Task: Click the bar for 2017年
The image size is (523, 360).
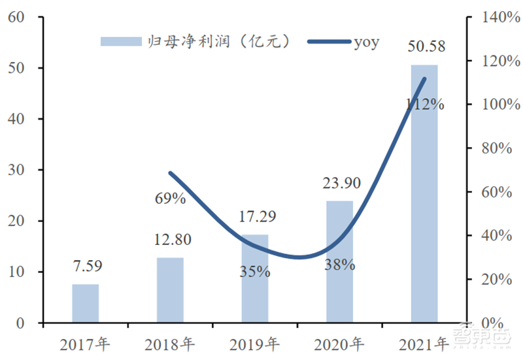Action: pos(85,303)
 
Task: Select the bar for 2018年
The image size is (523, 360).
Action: pos(170,290)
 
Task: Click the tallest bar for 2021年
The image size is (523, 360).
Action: pos(424,196)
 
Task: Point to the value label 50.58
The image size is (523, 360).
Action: pos(424,48)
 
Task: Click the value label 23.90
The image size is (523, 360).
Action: pos(339,184)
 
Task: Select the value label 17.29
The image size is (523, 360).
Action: pos(254,218)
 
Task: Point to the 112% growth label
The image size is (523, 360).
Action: pos(424,104)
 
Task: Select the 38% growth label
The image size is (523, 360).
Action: pos(339,265)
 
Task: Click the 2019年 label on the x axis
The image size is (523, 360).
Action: pos(254,342)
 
